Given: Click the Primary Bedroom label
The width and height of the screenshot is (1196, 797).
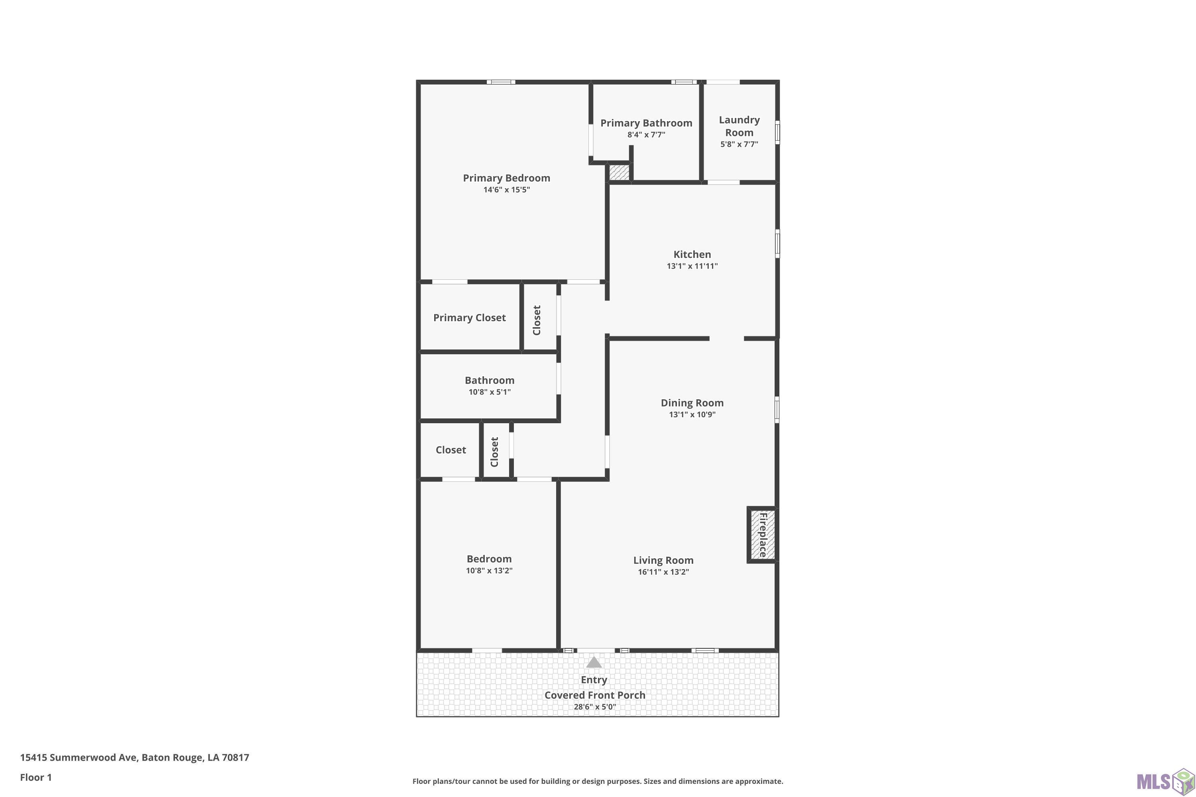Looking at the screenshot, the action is (506, 178).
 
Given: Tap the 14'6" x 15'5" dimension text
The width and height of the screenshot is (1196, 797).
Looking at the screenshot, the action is (506, 190).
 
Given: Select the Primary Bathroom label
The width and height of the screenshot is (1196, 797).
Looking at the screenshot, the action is (646, 123).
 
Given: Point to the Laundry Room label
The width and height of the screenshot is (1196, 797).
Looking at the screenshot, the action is (740, 126).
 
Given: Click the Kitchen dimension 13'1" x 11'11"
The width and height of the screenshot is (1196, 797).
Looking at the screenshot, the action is (692, 266).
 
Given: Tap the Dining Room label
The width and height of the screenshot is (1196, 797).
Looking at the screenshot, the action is (692, 402).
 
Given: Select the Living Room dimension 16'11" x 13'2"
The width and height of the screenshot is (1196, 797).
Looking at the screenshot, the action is (664, 572).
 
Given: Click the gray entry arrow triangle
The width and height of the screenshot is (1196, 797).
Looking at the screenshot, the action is (594, 662).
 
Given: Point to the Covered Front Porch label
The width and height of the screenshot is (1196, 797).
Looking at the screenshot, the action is (595, 695).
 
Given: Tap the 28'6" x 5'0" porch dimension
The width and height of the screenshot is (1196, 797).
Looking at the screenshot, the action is (595, 707).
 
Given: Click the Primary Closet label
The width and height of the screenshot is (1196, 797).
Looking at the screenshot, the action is (469, 318).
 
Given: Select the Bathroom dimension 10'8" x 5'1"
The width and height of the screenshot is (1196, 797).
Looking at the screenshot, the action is (489, 392).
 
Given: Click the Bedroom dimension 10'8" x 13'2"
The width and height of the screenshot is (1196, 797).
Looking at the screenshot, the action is (489, 570).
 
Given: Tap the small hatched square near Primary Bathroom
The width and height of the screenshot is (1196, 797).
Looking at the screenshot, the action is (620, 172).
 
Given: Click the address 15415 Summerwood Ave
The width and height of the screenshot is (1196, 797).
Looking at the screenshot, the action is (78, 758).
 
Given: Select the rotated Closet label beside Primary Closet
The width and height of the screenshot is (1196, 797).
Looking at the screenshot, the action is (537, 320).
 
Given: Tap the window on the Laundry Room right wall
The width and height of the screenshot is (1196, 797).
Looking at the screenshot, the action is (777, 132).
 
